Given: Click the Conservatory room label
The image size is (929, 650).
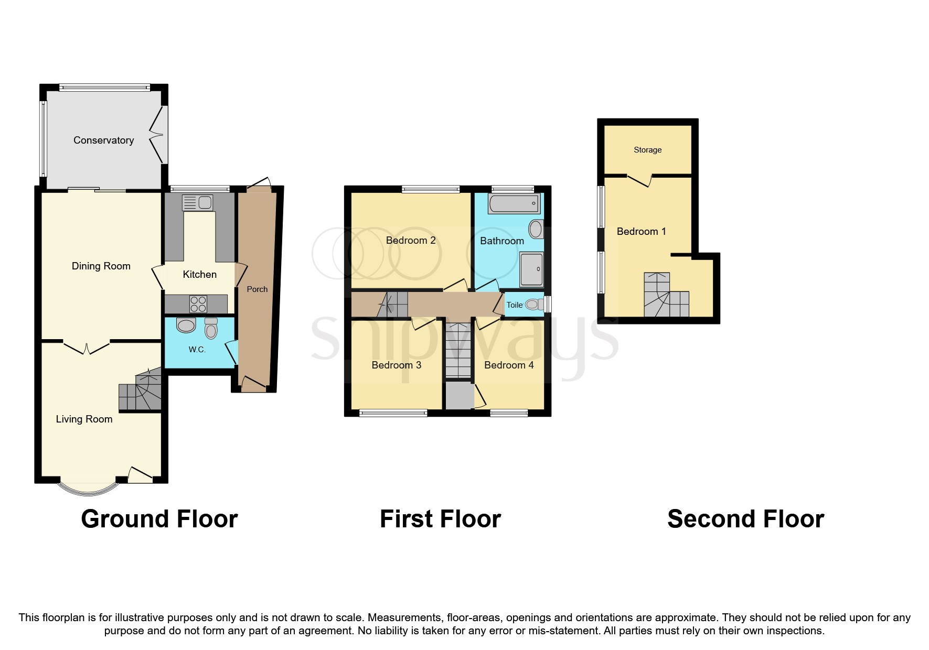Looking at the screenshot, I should (x=103, y=140).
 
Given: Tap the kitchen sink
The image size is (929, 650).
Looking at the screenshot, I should (x=197, y=202).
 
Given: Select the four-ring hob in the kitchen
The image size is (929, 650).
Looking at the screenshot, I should (x=198, y=304).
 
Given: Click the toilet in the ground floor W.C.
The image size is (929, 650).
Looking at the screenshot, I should (x=211, y=328).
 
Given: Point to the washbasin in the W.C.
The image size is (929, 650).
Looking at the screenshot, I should (x=186, y=326).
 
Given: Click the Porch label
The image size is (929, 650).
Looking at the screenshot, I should (x=257, y=289).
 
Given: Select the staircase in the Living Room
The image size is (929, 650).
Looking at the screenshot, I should (x=140, y=392).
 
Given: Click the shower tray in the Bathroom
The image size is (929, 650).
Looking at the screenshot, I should (x=531, y=269).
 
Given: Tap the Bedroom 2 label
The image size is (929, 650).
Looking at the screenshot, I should (x=411, y=241).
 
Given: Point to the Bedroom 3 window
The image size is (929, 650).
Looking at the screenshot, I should (x=393, y=414).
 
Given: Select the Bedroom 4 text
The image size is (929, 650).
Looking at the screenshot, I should (x=509, y=365).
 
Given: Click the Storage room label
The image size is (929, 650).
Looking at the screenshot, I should (x=647, y=150).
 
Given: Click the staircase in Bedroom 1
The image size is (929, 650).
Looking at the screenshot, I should (x=665, y=296).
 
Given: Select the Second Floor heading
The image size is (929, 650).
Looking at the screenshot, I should (x=745, y=519).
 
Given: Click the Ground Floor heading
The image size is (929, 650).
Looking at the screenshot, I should (x=159, y=519).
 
